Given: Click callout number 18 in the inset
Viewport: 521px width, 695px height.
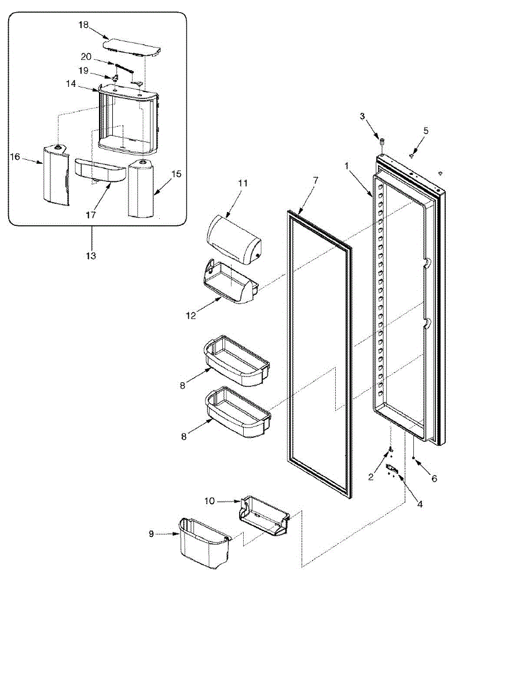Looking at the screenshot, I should pos(84,25).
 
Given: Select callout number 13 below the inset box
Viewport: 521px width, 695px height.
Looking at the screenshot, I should pos(92,255).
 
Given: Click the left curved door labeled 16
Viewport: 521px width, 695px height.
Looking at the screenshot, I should pos(55,174).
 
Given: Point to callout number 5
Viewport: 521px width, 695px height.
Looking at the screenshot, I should pos(425,130).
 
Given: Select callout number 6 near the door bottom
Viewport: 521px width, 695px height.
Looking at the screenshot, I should pos(434,479).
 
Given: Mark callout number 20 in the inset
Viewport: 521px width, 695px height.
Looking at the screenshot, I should pos(86,57).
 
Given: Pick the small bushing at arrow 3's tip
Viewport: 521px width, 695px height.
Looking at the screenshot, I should pos(383,141).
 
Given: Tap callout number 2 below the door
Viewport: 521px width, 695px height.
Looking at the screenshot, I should pos(371,477).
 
